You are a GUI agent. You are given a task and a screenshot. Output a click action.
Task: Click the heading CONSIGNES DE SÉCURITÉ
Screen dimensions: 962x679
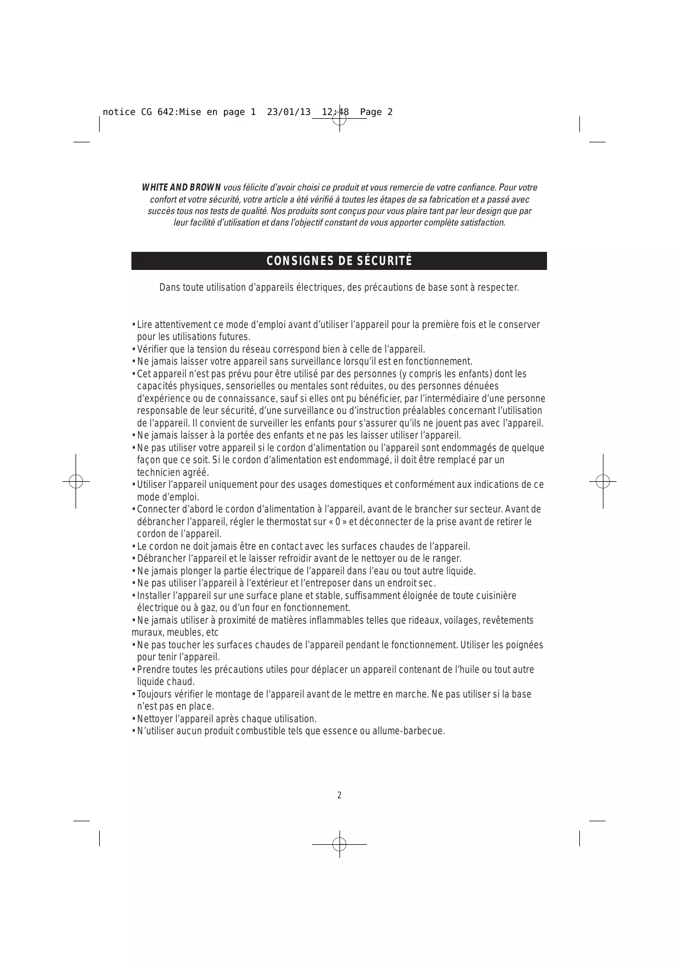[x=339, y=261]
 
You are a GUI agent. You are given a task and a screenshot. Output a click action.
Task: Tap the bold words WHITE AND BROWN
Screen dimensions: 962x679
[x=181, y=188]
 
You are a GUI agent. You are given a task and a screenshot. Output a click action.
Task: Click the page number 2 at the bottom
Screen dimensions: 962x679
[x=339, y=795]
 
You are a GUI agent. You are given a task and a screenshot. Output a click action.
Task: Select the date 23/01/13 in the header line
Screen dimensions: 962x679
[x=289, y=112]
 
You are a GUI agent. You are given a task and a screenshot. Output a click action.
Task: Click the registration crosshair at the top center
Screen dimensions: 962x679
[x=339, y=118]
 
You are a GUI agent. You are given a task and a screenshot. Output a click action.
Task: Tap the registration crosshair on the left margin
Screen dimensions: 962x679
[x=76, y=481]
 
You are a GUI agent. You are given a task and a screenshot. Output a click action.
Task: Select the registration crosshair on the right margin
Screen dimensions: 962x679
[x=603, y=481]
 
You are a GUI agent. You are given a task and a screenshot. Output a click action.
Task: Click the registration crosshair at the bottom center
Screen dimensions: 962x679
[x=339, y=844]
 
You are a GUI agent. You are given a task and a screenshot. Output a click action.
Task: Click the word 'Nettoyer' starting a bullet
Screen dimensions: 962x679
[x=154, y=719]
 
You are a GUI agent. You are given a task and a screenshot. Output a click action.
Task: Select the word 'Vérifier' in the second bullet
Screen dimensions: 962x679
[x=153, y=349]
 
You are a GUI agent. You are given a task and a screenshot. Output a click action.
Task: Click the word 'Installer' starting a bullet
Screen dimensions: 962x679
[x=154, y=596]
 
